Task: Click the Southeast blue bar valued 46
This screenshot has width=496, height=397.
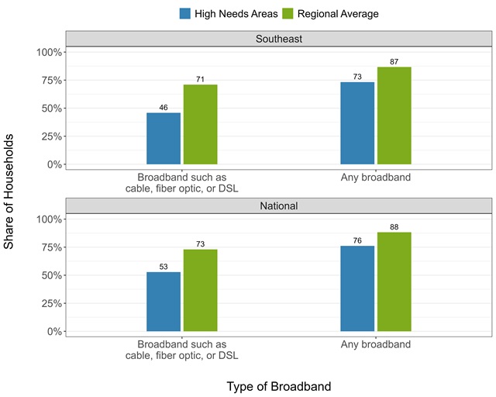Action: (x=164, y=139)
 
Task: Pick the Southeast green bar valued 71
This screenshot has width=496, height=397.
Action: (x=200, y=124)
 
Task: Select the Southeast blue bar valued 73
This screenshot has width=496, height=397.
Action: (x=357, y=123)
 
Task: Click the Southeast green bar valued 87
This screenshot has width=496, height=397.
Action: (x=394, y=116)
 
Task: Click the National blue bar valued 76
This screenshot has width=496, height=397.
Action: (x=357, y=288)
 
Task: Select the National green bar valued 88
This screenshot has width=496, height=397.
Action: (x=394, y=281)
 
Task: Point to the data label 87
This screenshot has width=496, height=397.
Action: (x=394, y=61)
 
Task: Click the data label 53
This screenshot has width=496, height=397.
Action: (x=164, y=266)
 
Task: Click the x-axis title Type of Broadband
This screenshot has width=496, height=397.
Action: (x=279, y=386)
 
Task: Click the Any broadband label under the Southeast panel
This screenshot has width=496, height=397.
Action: (x=376, y=177)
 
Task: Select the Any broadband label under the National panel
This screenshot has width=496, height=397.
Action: (x=376, y=344)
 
